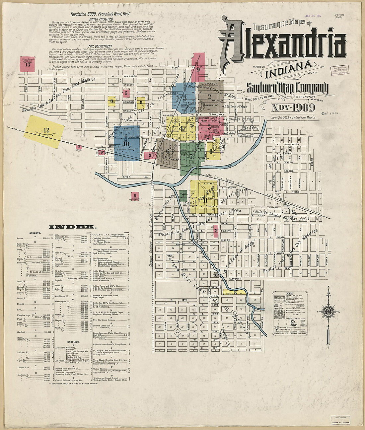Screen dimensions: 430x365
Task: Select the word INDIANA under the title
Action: [290, 68]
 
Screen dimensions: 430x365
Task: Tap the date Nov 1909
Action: [293, 108]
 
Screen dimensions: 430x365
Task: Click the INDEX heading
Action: [73, 227]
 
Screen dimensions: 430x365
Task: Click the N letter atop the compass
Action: [328, 286]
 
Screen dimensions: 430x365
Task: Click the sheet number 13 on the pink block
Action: [28, 65]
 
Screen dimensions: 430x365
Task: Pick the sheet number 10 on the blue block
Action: [126, 144]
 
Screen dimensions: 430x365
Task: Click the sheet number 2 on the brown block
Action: [209, 96]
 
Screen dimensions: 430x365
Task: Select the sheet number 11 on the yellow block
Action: [205, 200]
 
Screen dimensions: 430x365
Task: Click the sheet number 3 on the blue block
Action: [185, 97]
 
